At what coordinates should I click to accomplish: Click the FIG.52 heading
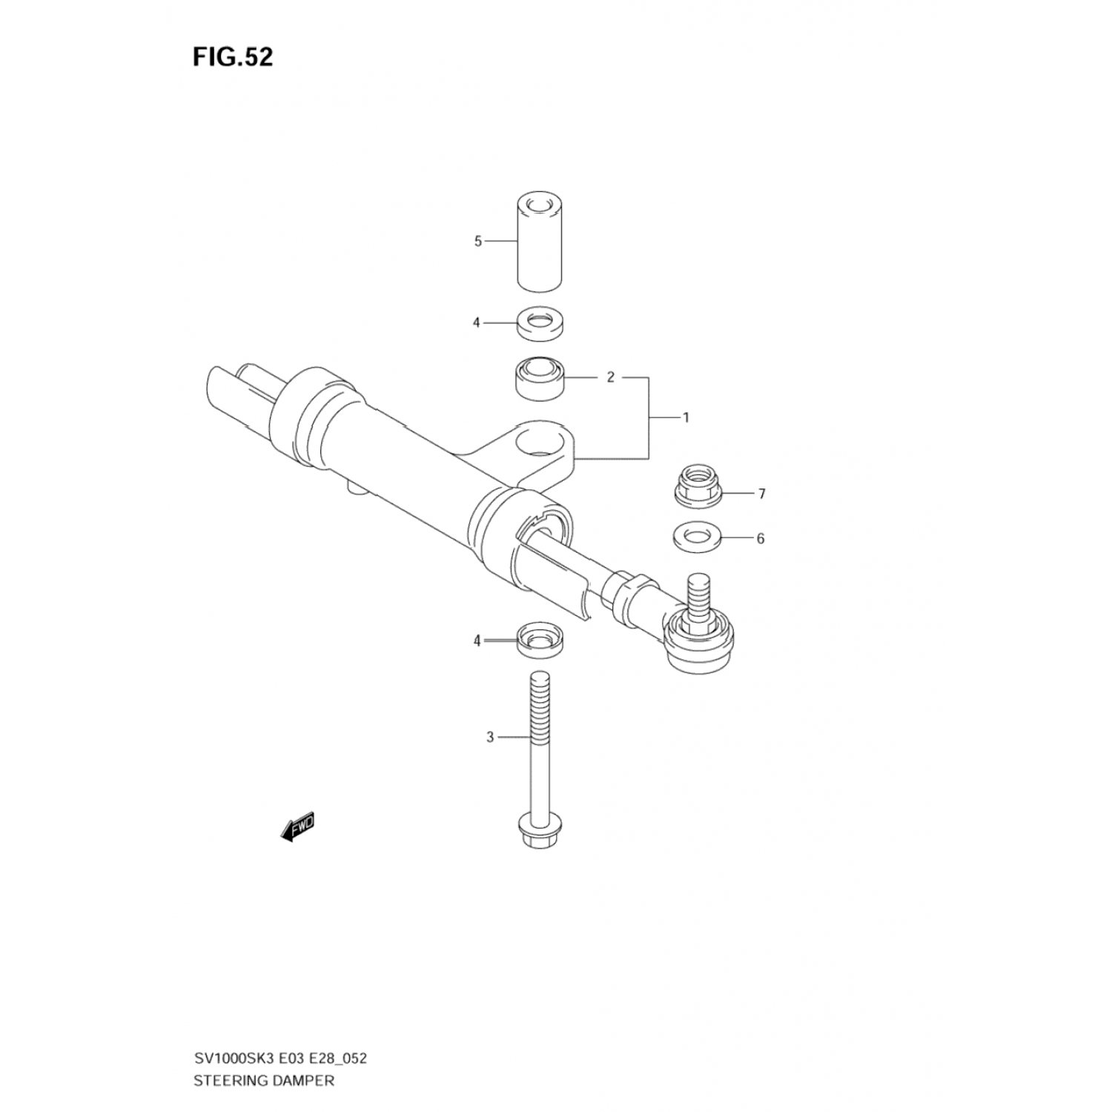pos(233,57)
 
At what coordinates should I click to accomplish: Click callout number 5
pos(478,241)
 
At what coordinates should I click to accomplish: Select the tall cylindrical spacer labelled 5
pos(539,242)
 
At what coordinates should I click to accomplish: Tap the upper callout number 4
pos(477,322)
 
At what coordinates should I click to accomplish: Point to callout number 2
pos(610,377)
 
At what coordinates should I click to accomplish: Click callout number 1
pos(686,417)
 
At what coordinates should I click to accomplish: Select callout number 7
pos(761,494)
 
